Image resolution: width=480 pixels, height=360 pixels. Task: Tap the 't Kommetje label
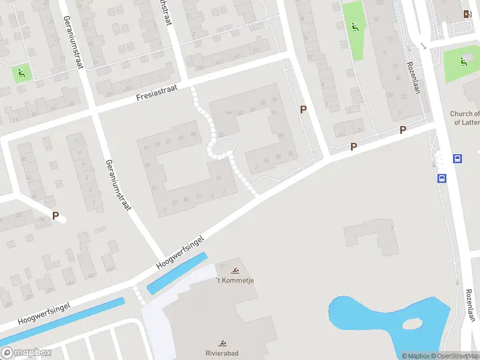(x=235, y=281)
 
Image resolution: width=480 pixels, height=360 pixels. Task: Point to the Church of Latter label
(x=465, y=118)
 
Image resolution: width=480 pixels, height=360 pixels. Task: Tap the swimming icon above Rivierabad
(x=223, y=343)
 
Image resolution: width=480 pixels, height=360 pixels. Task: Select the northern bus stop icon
(x=457, y=159)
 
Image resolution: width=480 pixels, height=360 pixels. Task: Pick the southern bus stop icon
(x=442, y=178)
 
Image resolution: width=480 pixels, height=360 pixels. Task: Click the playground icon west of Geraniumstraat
(x=22, y=74)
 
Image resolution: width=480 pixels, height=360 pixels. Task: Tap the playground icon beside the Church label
(x=463, y=61)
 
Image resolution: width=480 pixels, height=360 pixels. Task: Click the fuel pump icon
(x=467, y=14)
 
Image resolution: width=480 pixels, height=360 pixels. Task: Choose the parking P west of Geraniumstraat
(x=56, y=216)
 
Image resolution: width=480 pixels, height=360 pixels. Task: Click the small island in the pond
(x=412, y=324)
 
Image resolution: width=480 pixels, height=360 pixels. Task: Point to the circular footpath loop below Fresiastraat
(x=221, y=146)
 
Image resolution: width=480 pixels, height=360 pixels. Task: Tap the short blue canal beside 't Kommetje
(x=177, y=273)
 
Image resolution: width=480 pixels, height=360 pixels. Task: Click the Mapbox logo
(x=26, y=353)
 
